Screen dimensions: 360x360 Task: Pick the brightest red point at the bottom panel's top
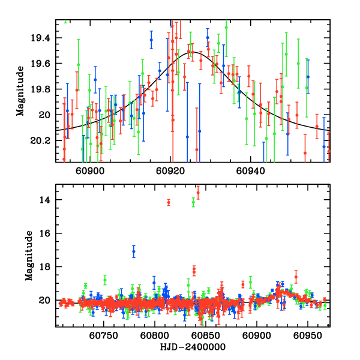coord(198,193)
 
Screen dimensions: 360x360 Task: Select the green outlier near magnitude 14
coord(193,202)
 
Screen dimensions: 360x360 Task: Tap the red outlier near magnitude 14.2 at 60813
coord(169,203)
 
